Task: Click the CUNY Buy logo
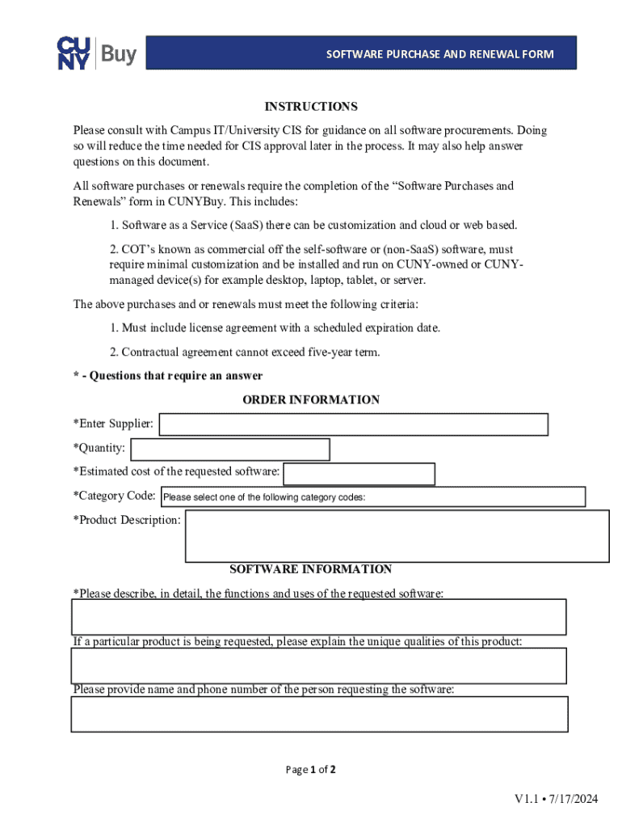point(97,53)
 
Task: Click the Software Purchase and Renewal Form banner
point(439,54)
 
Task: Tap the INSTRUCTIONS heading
point(311,107)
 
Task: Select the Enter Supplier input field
point(354,425)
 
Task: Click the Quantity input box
point(230,450)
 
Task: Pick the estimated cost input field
point(359,474)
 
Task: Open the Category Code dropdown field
point(372,497)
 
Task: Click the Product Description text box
point(397,534)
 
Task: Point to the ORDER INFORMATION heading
point(311,400)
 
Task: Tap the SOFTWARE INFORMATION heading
point(311,569)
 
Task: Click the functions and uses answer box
point(319,617)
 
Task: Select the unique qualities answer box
point(319,665)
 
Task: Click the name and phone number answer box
point(319,714)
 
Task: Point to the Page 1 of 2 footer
point(311,770)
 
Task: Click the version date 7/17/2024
point(575,800)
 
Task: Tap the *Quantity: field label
point(99,448)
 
